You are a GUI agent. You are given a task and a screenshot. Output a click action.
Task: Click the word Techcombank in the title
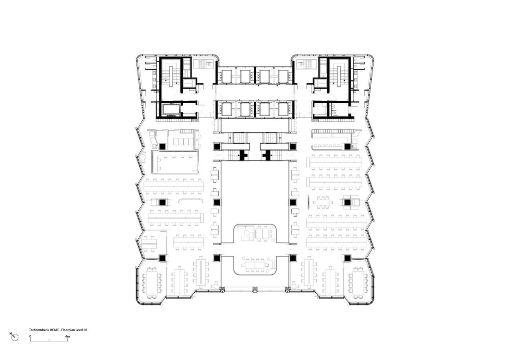click(x=39, y=330)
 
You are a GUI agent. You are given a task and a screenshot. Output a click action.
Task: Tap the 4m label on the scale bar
click(x=68, y=337)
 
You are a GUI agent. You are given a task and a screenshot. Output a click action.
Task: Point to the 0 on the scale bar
click(x=30, y=337)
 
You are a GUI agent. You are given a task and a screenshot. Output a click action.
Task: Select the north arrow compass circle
click(x=15, y=337)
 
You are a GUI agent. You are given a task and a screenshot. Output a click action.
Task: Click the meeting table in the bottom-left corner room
click(x=152, y=282)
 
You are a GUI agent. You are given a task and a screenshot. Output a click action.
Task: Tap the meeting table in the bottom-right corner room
click(x=358, y=282)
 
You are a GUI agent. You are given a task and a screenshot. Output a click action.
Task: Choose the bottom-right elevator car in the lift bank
click(x=283, y=109)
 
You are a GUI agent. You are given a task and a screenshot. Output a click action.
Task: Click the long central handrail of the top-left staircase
click(x=172, y=75)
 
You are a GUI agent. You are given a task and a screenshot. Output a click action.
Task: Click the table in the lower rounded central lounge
click(x=255, y=264)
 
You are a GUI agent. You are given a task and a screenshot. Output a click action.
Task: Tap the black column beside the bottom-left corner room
click(x=163, y=258)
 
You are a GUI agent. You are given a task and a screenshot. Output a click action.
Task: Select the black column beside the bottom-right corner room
click(x=347, y=258)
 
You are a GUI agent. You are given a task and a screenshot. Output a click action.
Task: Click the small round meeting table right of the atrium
click(x=322, y=202)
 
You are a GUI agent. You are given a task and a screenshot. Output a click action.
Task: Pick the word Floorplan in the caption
click(x=68, y=330)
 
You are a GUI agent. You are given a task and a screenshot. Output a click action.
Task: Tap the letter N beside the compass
click(x=11, y=334)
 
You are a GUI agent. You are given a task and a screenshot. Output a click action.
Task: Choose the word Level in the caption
click(x=80, y=330)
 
